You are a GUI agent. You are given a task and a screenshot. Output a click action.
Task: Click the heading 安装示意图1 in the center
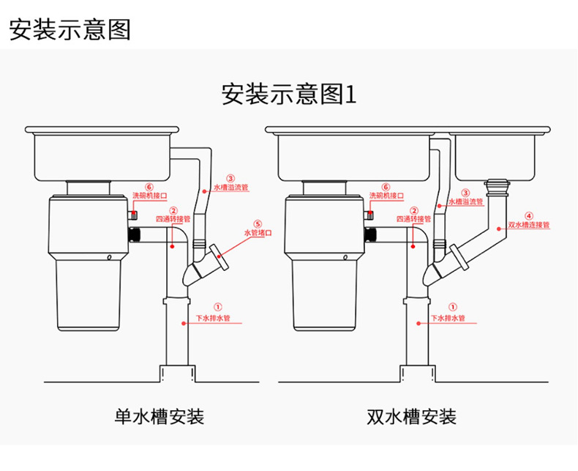(x=288, y=94)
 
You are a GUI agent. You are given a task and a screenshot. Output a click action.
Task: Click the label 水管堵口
(x=258, y=233)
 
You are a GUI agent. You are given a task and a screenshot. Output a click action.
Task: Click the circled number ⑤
(x=258, y=223)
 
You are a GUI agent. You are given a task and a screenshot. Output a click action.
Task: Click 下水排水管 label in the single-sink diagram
(x=213, y=319)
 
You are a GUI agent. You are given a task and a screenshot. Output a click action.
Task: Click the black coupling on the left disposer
(x=134, y=235)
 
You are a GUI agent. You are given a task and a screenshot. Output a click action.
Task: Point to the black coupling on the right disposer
(x=370, y=235)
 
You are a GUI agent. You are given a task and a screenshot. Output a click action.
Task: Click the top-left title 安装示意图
(x=70, y=29)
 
